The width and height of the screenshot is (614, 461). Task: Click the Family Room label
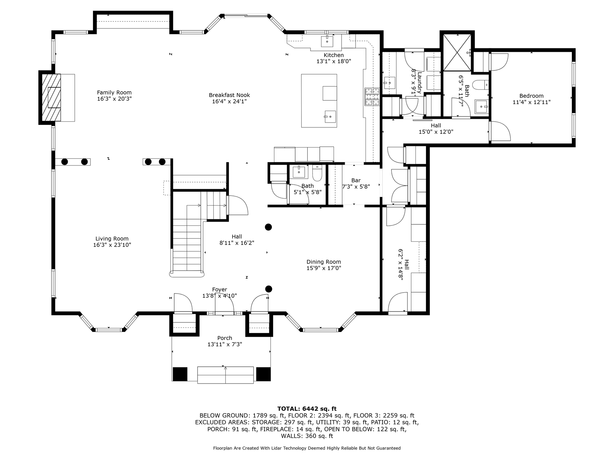114,93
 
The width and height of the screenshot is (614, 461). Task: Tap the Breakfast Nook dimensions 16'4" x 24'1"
229,101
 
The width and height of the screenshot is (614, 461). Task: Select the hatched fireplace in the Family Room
51,97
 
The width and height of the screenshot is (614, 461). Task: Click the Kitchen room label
334,55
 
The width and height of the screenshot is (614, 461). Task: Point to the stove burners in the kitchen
372,97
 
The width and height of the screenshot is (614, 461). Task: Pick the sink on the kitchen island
330,117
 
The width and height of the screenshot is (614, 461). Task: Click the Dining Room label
324,262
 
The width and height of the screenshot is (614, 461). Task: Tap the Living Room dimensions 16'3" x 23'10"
112,245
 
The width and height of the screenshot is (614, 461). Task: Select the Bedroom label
531,96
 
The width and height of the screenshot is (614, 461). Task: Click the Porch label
224,338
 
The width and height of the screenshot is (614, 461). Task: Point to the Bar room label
356,181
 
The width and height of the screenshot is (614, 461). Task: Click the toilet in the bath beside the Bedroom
481,85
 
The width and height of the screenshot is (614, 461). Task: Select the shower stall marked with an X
457,52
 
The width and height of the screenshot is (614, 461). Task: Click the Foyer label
219,290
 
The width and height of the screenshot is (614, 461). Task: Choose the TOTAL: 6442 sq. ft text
307,408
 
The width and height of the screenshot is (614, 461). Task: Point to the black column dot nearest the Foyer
269,289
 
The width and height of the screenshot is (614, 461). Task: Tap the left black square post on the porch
180,374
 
